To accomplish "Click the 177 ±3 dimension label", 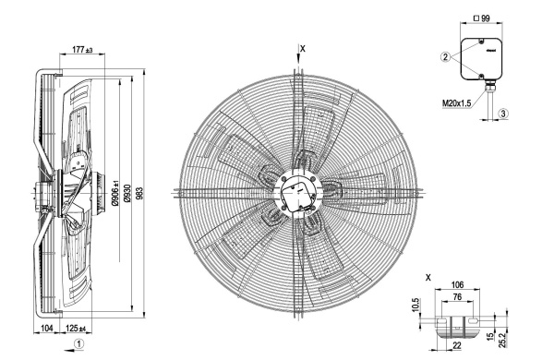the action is (82, 50).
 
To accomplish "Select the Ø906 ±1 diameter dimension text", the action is (115, 192).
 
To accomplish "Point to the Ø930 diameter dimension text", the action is (127, 193).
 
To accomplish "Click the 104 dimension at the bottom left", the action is (47, 329).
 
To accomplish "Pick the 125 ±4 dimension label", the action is (76, 329).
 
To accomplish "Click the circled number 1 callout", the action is (79, 343).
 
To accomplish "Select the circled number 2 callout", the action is (446, 56).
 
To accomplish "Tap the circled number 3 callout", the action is (503, 114).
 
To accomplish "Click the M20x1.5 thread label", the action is (456, 103).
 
